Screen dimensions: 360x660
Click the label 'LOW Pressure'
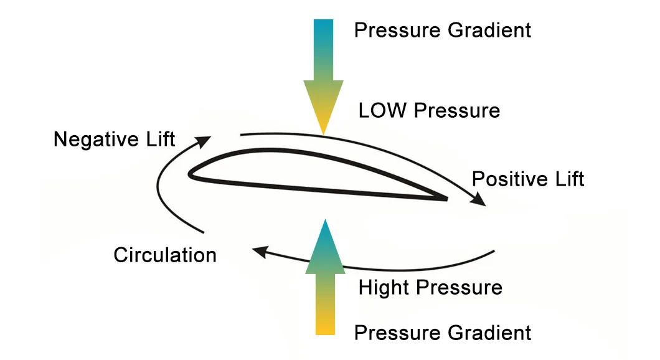coord(429,111)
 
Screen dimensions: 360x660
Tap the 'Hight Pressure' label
coord(430,288)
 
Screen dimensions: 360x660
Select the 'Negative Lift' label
coord(114,139)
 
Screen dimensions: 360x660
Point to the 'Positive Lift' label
coord(528,179)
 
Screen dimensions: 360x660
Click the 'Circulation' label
coord(165,255)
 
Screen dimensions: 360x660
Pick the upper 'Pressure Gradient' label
coord(443,30)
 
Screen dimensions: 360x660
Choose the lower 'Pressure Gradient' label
coord(443,333)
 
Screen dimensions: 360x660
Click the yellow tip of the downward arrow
coord(323,129)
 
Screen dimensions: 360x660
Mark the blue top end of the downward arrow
coord(323,24)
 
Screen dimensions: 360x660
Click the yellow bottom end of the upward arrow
coord(324,330)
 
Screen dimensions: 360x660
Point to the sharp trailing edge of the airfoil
coord(446,199)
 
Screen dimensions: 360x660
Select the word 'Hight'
coord(384,288)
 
